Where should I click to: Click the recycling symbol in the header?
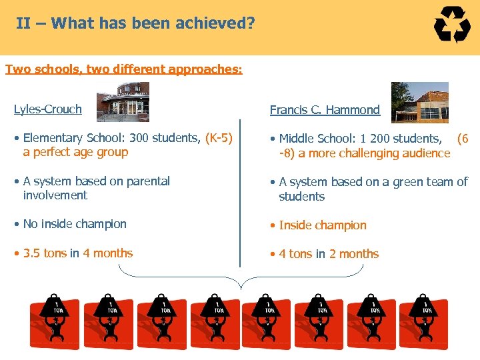coord(452,26)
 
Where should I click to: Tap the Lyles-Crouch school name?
coord(48,109)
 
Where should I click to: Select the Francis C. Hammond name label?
coord(325,110)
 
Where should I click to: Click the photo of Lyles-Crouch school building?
coord(123,102)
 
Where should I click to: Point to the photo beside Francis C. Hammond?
coord(419,102)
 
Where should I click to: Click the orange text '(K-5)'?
coord(219,138)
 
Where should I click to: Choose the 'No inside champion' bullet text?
coord(75,224)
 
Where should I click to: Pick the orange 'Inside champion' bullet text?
coord(323,225)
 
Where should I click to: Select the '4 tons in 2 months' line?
coord(329,254)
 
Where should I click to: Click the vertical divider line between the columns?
coord(240,193)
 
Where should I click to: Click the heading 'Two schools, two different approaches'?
coord(123,69)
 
